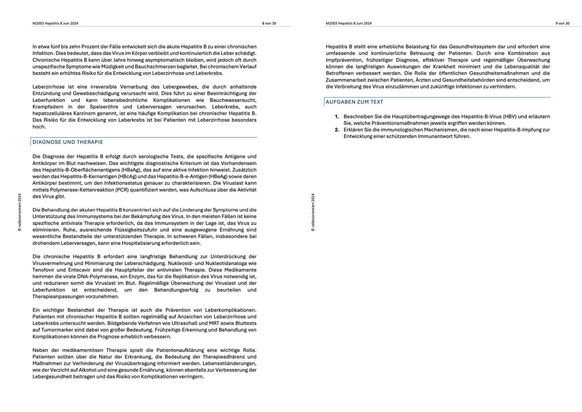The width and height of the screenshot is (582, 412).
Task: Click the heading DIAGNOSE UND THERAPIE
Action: click(68, 142)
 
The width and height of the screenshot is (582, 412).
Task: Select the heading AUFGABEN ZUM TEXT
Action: click(354, 102)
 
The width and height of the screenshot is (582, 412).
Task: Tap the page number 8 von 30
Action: click(269, 23)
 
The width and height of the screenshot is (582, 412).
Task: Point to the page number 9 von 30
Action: click(562, 23)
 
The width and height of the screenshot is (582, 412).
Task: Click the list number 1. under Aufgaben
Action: click(337, 117)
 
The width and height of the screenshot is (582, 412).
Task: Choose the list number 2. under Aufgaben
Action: click(337, 130)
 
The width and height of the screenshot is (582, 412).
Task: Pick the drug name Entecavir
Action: click(80, 270)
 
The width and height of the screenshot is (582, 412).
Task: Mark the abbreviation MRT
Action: click(215, 323)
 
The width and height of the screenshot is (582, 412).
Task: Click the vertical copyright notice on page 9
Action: click(313, 212)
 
